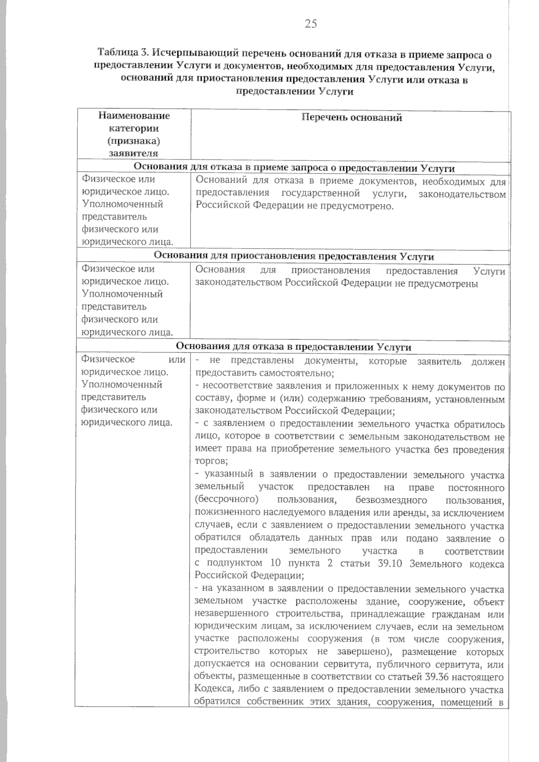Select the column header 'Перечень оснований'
[352, 118]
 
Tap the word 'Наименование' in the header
[134, 116]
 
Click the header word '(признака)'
[134, 141]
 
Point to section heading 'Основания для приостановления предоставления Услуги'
[294, 256]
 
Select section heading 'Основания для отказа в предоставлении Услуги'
[294, 347]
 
